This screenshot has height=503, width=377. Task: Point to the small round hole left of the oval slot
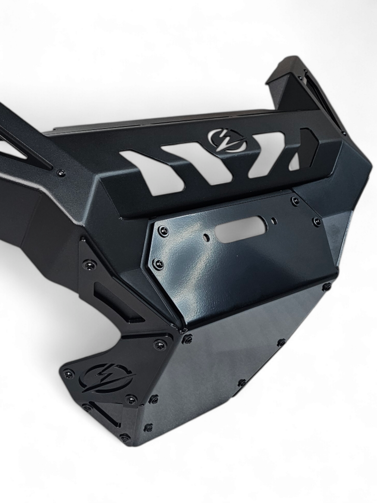(207, 238)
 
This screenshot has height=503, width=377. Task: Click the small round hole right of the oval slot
(273, 221)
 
